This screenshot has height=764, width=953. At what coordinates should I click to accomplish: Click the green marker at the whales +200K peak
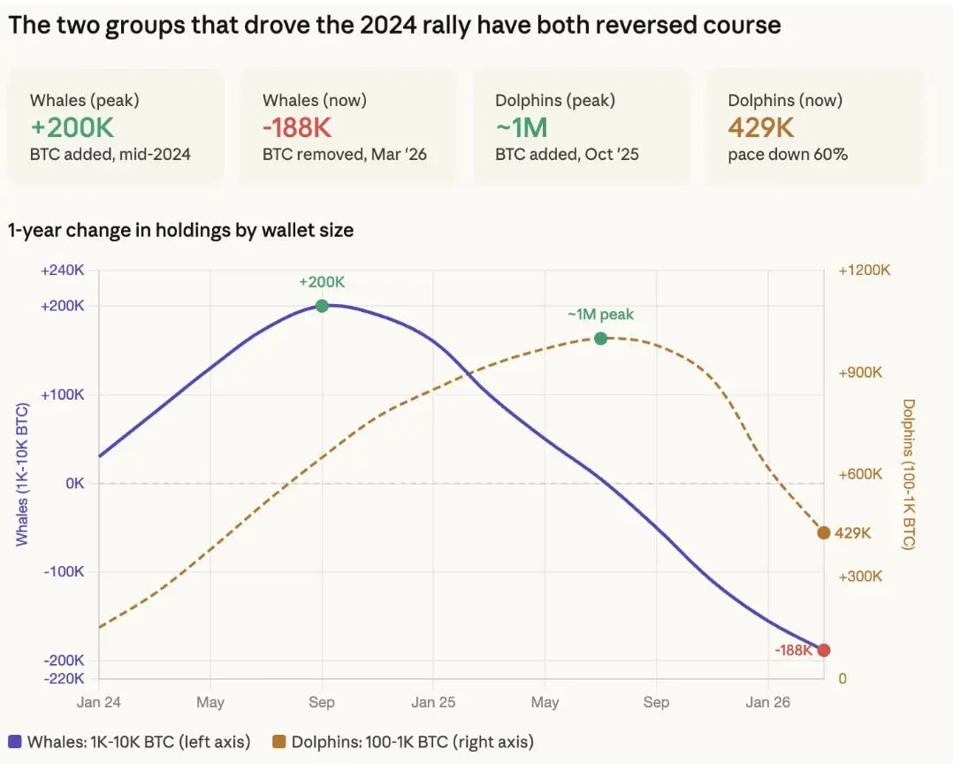[322, 306]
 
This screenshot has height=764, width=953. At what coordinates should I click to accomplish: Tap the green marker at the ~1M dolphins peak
[601, 339]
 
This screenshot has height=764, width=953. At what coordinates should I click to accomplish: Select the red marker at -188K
[824, 650]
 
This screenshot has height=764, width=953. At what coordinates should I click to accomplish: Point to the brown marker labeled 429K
[824, 532]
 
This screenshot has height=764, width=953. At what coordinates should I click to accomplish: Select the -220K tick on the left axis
[64, 678]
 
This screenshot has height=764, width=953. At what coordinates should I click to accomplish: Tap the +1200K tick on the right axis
[865, 271]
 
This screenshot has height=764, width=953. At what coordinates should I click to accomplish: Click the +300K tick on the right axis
[860, 577]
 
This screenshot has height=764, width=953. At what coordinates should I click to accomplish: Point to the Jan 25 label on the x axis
[433, 703]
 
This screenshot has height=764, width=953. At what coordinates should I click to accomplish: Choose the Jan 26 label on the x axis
[768, 703]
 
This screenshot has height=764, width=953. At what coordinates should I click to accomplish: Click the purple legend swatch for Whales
[15, 742]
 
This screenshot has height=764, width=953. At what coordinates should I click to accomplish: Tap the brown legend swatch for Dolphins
[278, 742]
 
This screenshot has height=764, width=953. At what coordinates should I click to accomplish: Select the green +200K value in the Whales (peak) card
[72, 127]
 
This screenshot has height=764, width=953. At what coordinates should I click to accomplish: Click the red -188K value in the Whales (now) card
[297, 127]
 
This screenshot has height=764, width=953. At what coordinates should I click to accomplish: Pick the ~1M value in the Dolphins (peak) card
[522, 127]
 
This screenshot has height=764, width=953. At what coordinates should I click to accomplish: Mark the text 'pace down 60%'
[788, 154]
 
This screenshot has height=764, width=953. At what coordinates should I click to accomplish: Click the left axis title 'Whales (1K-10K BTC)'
[22, 474]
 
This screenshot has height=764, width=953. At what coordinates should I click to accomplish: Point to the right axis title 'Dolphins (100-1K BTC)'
[909, 474]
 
